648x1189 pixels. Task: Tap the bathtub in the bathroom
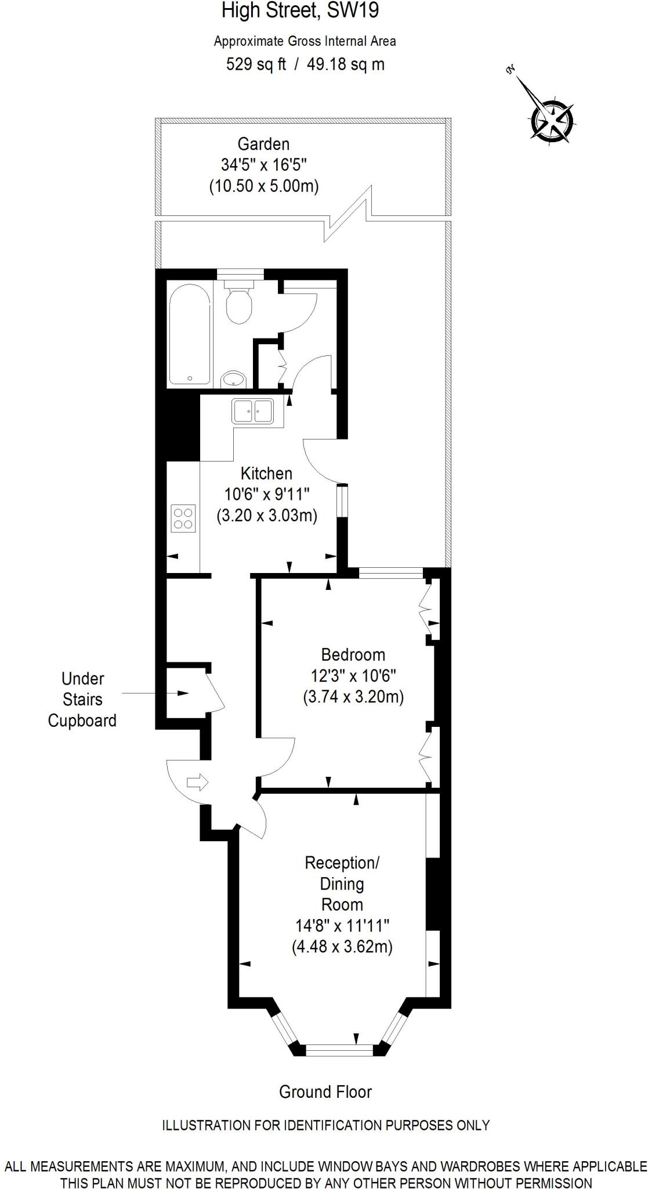click(x=189, y=336)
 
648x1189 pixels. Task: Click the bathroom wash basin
click(x=234, y=380)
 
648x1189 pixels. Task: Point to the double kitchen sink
click(x=252, y=411)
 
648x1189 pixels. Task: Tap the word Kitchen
click(x=266, y=473)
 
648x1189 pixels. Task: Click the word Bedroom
click(x=353, y=654)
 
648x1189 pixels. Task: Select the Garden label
click(x=263, y=143)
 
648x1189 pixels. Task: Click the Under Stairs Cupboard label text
click(x=82, y=699)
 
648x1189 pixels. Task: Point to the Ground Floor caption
click(x=325, y=1091)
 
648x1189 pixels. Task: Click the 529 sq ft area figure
click(x=256, y=64)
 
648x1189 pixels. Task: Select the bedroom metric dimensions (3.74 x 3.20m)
click(x=353, y=696)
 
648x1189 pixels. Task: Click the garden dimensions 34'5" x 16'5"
click(x=263, y=165)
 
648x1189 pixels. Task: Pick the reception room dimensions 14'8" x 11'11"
click(x=342, y=925)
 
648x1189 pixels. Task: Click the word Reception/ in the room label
click(x=342, y=863)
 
